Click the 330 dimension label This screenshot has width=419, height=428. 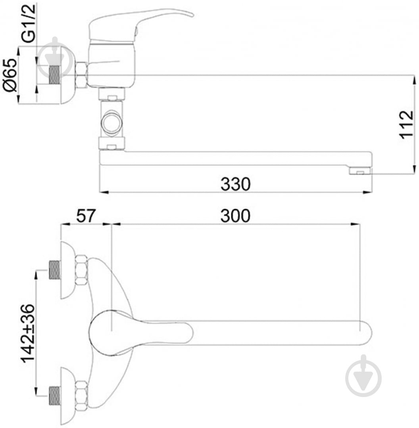[x=235, y=184]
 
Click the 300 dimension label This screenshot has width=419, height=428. [x=235, y=216]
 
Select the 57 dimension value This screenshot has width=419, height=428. [x=86, y=216]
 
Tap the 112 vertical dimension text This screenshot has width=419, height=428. [x=406, y=124]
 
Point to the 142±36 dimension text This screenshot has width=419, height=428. [x=28, y=334]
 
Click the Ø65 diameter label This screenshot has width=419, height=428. [x=10, y=75]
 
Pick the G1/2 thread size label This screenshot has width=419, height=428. [x=29, y=23]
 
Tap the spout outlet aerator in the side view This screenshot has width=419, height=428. [x=361, y=171]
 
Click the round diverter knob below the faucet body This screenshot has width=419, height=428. [x=111, y=122]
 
